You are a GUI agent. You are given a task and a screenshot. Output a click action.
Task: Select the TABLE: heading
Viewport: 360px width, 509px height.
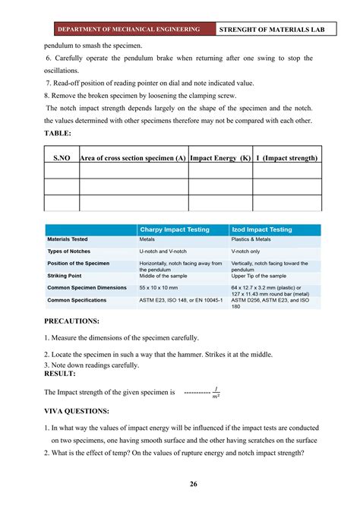click(x=58, y=133)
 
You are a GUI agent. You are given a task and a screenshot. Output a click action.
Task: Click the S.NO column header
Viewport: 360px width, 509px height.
click(x=62, y=158)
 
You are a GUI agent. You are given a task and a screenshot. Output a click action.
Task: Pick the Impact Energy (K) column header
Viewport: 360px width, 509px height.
click(x=220, y=158)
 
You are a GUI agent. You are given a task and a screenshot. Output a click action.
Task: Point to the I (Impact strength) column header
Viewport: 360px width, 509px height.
click(x=286, y=158)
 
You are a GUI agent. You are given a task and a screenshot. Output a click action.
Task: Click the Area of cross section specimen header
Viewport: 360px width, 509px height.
click(x=133, y=158)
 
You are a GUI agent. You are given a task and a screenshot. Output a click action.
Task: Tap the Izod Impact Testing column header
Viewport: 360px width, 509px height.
click(x=261, y=229)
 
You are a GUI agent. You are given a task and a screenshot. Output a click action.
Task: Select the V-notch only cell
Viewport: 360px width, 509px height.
click(x=249, y=251)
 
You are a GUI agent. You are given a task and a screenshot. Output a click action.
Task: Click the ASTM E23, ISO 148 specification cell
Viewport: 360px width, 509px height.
click(x=181, y=301)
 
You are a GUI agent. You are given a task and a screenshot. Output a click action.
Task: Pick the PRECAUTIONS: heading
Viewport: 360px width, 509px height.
click(x=73, y=321)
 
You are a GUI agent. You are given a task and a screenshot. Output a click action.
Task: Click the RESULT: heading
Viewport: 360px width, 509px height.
click(x=60, y=374)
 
